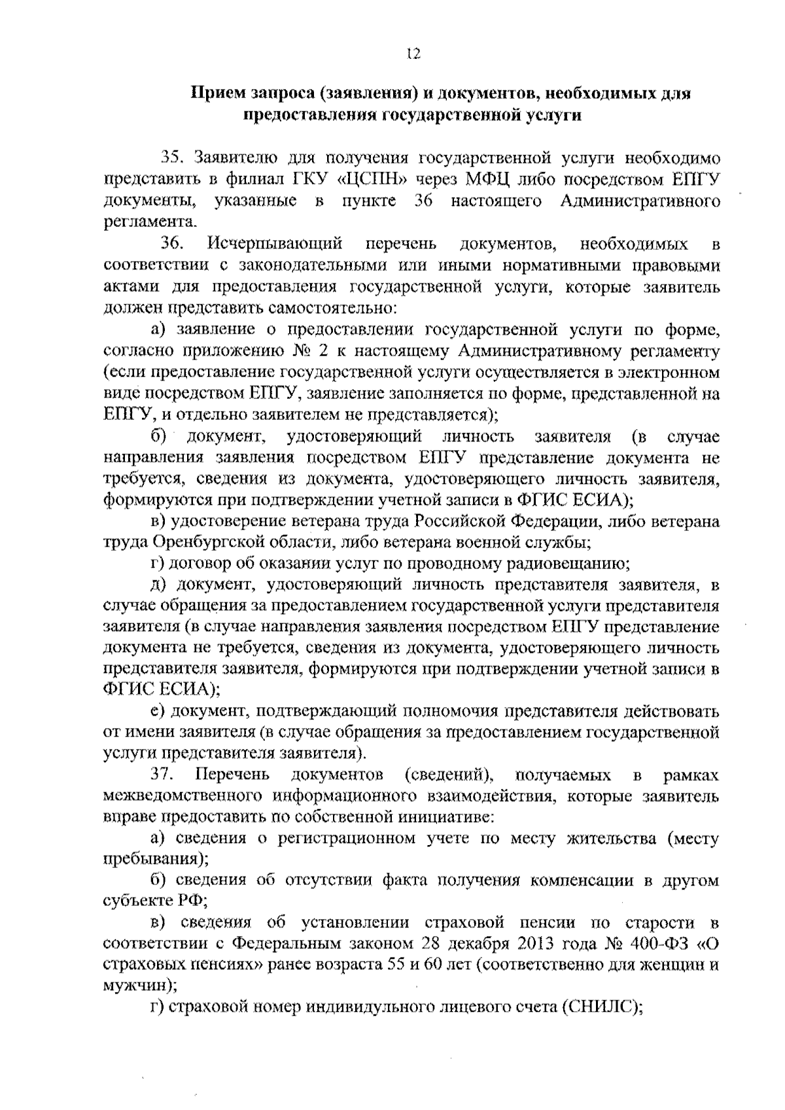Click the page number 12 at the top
[x=411, y=55]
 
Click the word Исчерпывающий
[x=275, y=245]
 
